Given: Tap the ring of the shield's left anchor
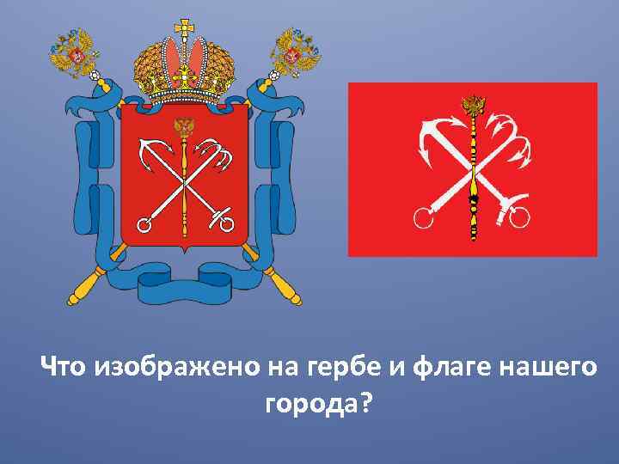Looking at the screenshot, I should [144, 224].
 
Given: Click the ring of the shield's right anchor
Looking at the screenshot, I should [227, 224].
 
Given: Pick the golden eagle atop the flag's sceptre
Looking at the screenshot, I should [471, 107].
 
